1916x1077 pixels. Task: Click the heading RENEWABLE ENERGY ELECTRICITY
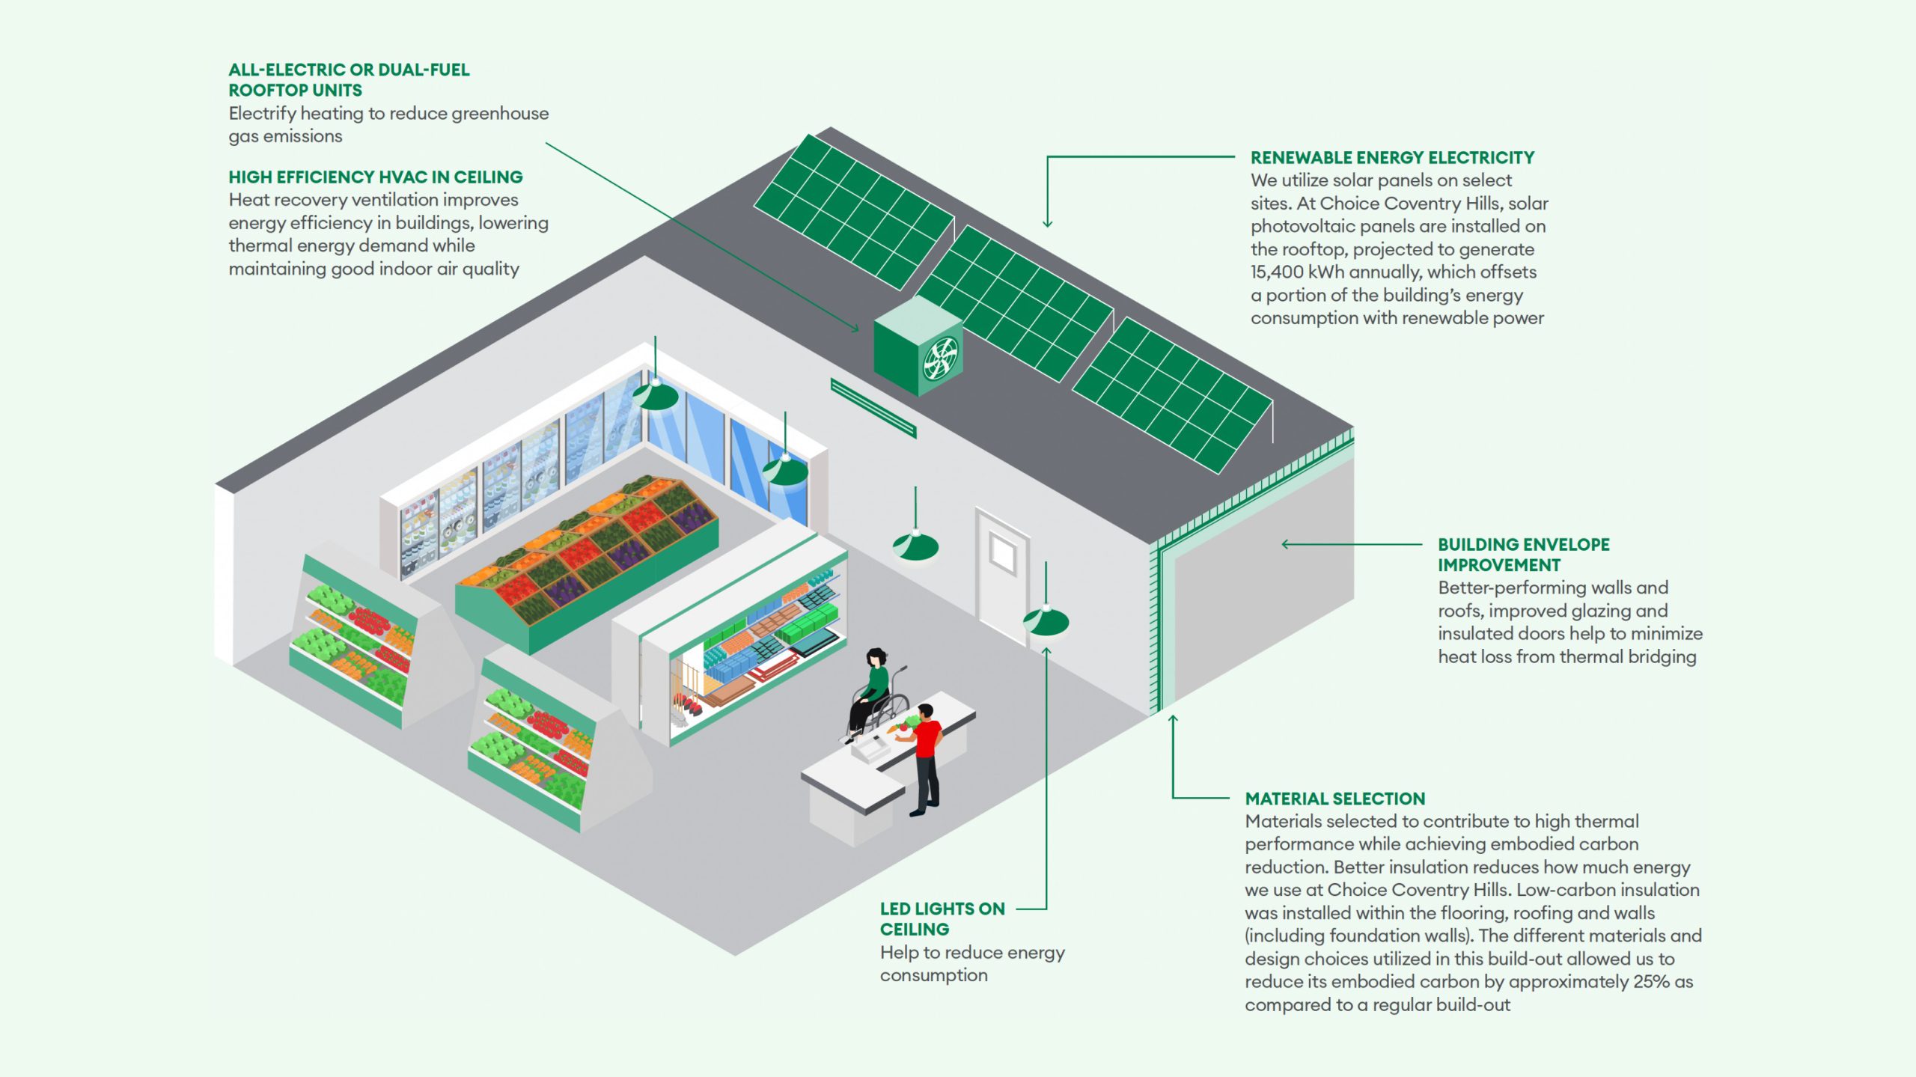(x=1392, y=158)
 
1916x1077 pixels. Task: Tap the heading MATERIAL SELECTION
(x=1334, y=799)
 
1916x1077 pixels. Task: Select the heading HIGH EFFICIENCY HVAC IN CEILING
(x=376, y=177)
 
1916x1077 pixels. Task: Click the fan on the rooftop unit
(x=940, y=359)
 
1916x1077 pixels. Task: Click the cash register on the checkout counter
(x=868, y=747)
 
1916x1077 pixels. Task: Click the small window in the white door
(x=1002, y=552)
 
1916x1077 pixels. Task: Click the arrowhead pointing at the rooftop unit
(x=855, y=329)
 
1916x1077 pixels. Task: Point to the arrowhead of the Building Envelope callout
(x=1285, y=544)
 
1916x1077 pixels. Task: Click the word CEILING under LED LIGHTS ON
(x=914, y=930)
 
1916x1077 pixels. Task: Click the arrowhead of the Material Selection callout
(x=1173, y=719)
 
